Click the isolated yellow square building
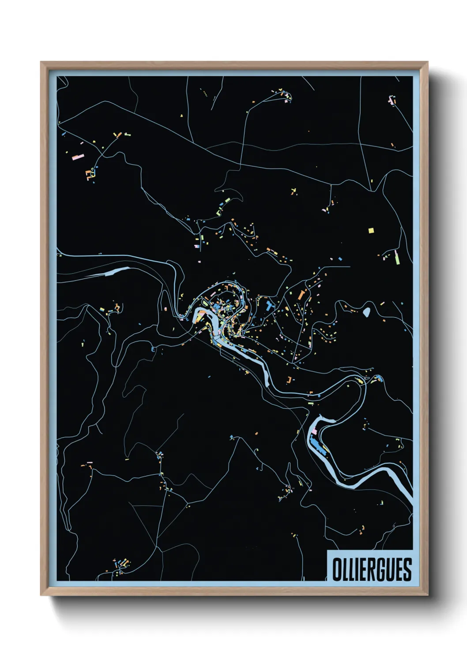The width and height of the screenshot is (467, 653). (371, 230)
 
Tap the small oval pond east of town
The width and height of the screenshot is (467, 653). (366, 312)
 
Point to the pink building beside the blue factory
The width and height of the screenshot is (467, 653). (315, 431)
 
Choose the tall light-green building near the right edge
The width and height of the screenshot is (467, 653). (397, 258)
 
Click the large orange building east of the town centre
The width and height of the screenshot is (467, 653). (302, 295)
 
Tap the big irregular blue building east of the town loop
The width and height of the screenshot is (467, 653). (270, 305)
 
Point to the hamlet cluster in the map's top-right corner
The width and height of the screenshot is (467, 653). (392, 101)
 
